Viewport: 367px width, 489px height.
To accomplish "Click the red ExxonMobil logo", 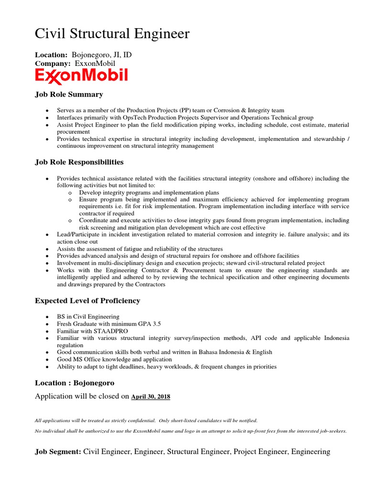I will (x=81, y=75).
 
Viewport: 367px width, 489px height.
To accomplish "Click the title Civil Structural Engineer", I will (x=112, y=34).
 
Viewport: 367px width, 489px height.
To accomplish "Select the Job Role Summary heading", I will (x=69, y=95).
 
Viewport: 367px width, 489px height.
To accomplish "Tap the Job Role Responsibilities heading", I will (x=79, y=162).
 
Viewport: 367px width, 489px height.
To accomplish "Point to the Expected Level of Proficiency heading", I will (x=87, y=301).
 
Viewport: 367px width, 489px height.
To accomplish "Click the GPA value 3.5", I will (x=156, y=324).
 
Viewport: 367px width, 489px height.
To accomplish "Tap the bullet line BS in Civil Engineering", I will (x=88, y=317).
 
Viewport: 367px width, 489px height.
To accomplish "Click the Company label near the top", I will (x=53, y=64).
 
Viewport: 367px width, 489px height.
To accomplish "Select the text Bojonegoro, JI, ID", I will (x=101, y=55).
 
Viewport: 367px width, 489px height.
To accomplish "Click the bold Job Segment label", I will (x=58, y=452).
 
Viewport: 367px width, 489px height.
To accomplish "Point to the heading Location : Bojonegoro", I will (x=75, y=383).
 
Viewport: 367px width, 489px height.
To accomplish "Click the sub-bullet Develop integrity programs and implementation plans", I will (x=149, y=192).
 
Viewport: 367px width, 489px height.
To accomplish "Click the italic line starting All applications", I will (x=146, y=421).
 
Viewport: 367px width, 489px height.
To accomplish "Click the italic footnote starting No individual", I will (x=191, y=431).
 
